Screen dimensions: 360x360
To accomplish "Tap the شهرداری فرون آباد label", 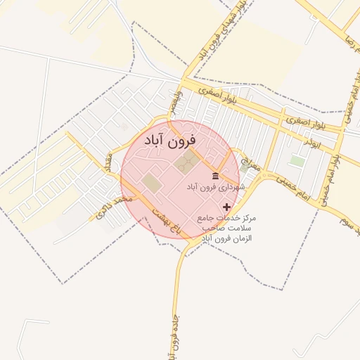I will [215, 188].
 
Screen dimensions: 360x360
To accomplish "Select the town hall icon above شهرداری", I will [215, 176].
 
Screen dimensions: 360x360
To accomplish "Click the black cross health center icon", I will [226, 207].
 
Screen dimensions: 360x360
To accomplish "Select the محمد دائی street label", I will [113, 209].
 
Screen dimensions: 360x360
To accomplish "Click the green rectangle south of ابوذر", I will [297, 161].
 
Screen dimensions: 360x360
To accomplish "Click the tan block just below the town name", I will [185, 164].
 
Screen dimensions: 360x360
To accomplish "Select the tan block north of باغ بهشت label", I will [150, 183].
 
